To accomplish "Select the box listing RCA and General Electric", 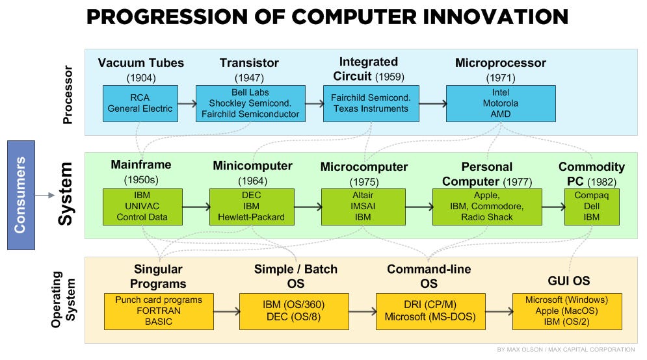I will coord(140,103).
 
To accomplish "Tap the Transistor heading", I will coord(249,63).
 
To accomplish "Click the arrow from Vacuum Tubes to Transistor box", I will coord(187,103).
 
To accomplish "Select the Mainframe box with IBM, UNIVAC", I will coord(142,207).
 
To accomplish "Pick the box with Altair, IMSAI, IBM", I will coord(363,207).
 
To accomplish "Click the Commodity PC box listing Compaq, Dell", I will coord(592,207).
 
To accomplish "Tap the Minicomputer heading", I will coord(252,166).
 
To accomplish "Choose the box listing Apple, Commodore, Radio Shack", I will coord(487,207).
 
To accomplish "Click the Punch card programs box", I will coord(159,311).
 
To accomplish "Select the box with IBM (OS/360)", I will coord(293,311).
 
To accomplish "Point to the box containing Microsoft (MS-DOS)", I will coord(430,311).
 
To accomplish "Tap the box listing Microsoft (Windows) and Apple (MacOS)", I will coord(567,311).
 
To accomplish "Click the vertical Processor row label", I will coord(68,91).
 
